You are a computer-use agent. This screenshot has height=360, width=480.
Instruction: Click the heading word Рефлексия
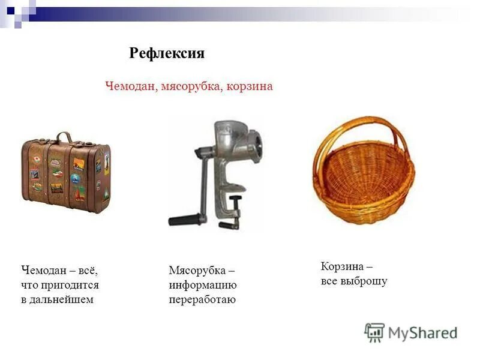tap(167, 53)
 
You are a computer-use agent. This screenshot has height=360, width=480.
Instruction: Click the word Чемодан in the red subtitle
tap(131, 86)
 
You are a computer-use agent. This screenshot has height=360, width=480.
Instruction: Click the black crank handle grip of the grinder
tap(180, 220)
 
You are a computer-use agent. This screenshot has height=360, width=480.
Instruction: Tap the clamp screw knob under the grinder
tap(236, 200)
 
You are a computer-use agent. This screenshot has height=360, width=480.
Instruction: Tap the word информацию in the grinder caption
tap(202, 286)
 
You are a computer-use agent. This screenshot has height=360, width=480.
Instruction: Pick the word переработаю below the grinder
tap(202, 299)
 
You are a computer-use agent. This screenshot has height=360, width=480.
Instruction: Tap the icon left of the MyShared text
tap(374, 332)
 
